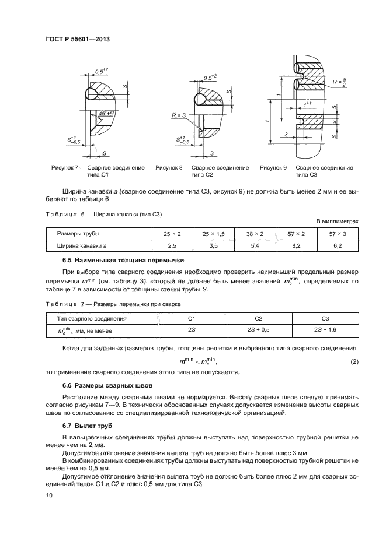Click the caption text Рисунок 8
click(x=171, y=167)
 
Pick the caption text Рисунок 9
click(x=275, y=167)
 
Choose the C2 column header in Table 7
click(x=258, y=318)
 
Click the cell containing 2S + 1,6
click(x=325, y=330)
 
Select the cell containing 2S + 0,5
click(x=258, y=330)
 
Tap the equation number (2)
click(x=353, y=361)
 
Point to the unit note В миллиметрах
click(x=336, y=222)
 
